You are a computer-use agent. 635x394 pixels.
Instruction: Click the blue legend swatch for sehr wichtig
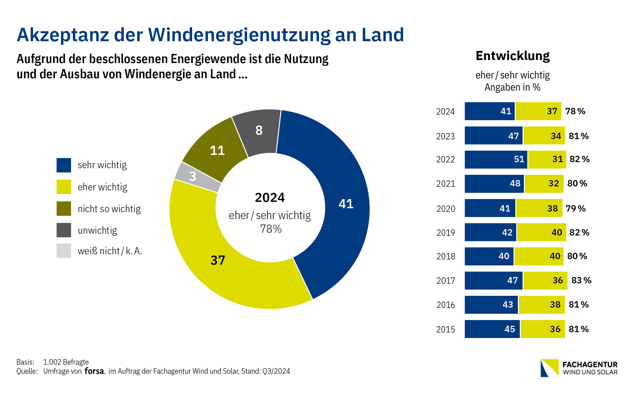pyautogui.click(x=64, y=165)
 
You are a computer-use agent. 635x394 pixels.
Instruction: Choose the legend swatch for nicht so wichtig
pyautogui.click(x=64, y=209)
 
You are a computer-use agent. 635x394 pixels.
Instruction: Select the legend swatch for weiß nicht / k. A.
pyautogui.click(x=64, y=251)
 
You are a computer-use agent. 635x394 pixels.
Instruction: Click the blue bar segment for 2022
pyautogui.click(x=496, y=159)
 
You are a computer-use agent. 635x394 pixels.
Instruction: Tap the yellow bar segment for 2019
pyautogui.click(x=542, y=232)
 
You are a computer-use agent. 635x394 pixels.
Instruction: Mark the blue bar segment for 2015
pyautogui.click(x=492, y=329)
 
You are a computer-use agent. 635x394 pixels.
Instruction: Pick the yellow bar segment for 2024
pyautogui.click(x=538, y=111)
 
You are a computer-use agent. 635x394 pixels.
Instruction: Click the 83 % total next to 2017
pyautogui.click(x=581, y=280)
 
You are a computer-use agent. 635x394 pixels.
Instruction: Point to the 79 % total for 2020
pyautogui.click(x=576, y=209)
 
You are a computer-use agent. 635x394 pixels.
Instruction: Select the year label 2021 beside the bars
pyautogui.click(x=446, y=184)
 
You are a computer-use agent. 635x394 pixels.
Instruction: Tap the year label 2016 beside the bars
pyautogui.click(x=446, y=305)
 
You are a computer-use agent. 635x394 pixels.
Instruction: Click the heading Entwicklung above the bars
pyautogui.click(x=513, y=56)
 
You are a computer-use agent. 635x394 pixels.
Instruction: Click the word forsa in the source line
pyautogui.click(x=94, y=371)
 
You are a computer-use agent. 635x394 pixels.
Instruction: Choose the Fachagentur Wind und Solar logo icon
pyautogui.click(x=549, y=368)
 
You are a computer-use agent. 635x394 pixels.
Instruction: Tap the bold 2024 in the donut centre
pyautogui.click(x=270, y=198)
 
